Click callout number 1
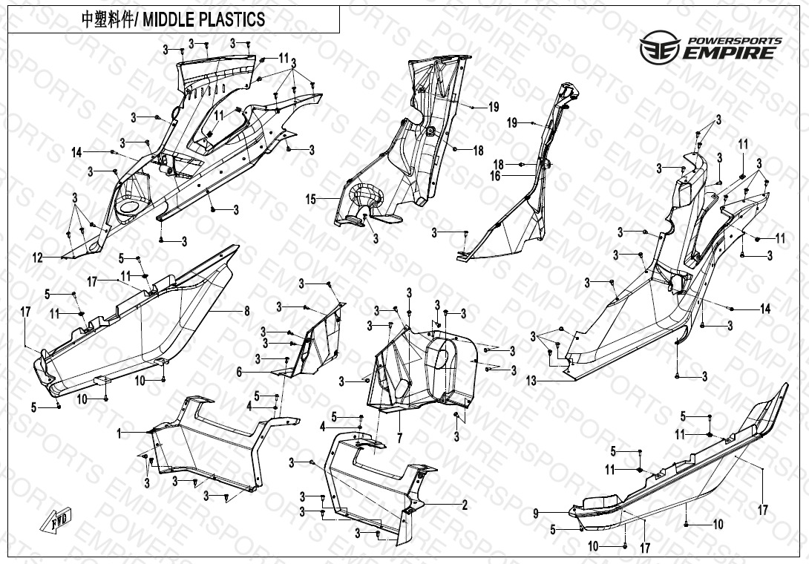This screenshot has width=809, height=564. (x=118, y=432)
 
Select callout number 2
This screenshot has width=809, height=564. (x=465, y=505)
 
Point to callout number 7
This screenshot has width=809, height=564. (x=399, y=439)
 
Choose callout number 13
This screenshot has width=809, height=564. (x=531, y=381)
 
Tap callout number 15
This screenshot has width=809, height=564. (x=312, y=199)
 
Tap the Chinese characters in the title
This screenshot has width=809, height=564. (x=103, y=20)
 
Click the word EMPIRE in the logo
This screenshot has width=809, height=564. (x=732, y=52)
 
